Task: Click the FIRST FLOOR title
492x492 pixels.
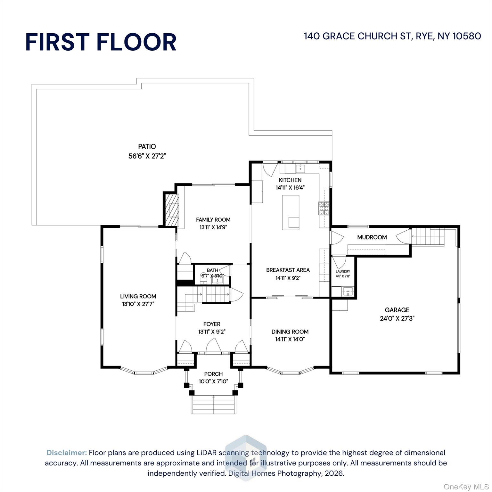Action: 101,42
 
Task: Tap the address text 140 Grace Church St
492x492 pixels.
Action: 357,36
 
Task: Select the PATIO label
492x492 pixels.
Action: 147,146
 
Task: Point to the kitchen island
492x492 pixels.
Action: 291,212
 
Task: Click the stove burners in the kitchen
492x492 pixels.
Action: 324,208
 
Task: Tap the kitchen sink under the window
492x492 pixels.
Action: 300,168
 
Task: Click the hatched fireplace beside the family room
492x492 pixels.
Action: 172,209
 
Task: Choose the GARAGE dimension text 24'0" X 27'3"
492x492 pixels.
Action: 397,318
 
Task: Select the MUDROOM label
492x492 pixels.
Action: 372,237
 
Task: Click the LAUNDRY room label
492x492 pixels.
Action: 343,271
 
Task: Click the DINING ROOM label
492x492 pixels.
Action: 290,332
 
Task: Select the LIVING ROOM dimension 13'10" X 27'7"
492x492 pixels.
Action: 138,304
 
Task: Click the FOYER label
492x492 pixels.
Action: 212,324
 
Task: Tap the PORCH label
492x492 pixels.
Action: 213,374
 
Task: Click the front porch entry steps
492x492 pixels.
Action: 214,405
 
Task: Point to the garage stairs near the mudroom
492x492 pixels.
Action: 428,237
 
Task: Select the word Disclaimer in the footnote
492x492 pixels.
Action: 67,453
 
